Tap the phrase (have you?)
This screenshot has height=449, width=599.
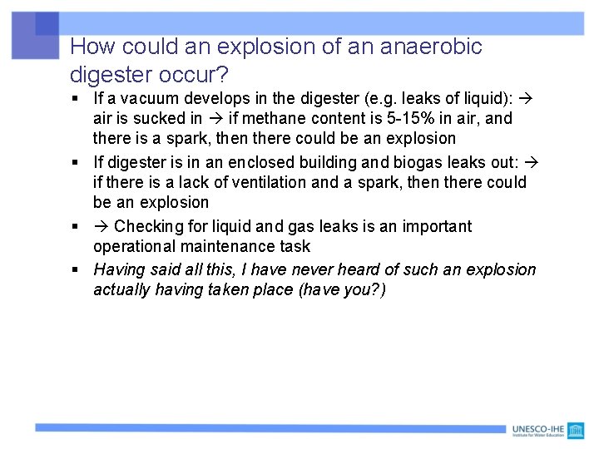click(343, 289)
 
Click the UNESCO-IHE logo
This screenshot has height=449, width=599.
click(549, 430)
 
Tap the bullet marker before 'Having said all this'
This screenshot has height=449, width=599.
click(75, 270)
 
